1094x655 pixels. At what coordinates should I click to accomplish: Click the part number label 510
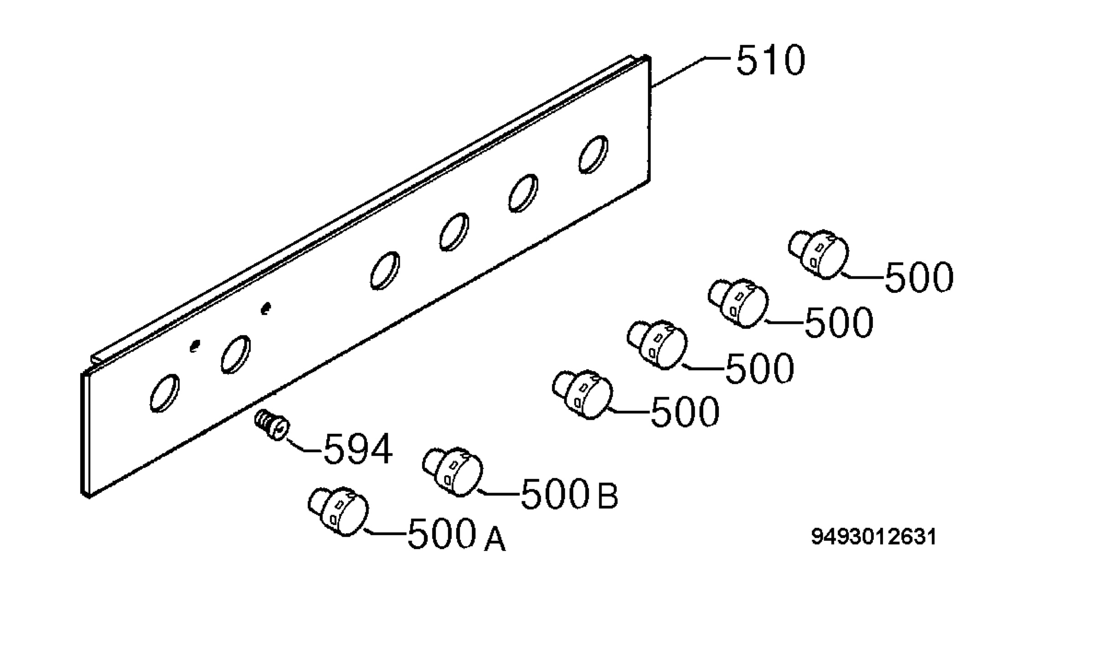(770, 60)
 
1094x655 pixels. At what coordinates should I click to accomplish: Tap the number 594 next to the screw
(358, 449)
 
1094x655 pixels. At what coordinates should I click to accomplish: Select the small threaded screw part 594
(272, 425)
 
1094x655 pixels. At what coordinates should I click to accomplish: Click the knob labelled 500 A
(338, 511)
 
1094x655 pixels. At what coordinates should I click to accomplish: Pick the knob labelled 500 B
(452, 472)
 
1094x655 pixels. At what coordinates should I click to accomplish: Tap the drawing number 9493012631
(874, 537)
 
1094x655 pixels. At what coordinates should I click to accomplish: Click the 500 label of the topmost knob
(919, 277)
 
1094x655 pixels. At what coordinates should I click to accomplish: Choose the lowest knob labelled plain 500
(583, 395)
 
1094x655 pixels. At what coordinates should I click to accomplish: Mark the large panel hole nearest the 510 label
(593, 155)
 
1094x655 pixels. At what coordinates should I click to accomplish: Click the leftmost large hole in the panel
(165, 393)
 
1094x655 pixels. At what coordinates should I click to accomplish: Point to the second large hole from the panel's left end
(236, 354)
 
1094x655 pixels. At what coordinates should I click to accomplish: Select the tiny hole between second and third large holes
(266, 309)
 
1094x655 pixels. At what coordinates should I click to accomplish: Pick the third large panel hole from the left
(385, 270)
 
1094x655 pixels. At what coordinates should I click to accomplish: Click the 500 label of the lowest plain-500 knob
(685, 412)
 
